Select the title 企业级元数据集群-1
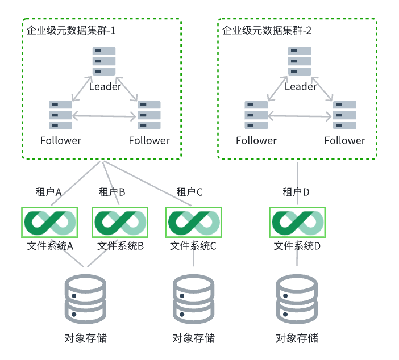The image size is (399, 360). coord(72,31)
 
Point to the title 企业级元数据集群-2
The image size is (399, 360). coord(267,31)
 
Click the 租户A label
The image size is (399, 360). coord(48,192)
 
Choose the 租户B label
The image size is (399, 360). coord(111,192)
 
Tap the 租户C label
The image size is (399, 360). coord(189,192)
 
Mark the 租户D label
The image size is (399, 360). coord(296,192)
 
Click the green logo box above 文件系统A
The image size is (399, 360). coord(50,223)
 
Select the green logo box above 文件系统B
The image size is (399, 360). coord(120,223)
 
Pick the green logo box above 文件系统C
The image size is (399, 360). coord(193,223)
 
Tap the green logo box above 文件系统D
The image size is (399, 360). coord(297,223)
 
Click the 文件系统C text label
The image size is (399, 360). coord(193,246)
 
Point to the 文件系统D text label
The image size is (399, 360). coord(297,246)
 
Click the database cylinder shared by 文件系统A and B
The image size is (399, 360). coord(86,297)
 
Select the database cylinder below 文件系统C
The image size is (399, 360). coord(193,297)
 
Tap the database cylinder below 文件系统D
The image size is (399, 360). coord(297,297)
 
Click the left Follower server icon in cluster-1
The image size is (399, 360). coord(61,115)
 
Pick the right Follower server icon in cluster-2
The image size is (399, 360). coord(344,115)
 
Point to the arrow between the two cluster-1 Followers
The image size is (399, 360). coord(105,116)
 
